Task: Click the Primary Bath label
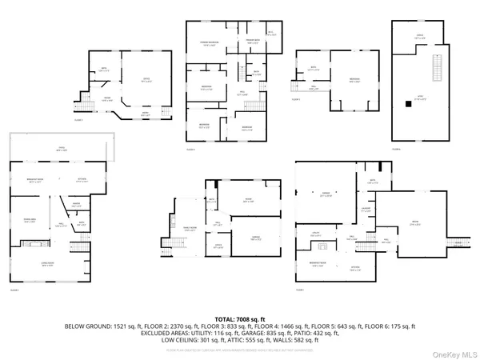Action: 253,40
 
